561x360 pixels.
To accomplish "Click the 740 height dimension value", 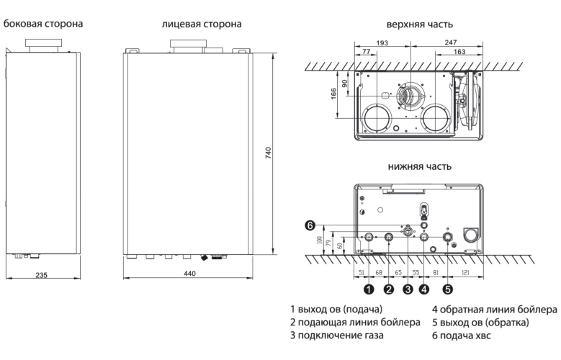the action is coord(269,153).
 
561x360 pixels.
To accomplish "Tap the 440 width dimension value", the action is coord(189,274).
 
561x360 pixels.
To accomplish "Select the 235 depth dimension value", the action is coord(42,275).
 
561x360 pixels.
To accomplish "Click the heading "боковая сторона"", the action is coord(43,24).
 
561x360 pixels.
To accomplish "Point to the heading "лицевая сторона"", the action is coord(202,24).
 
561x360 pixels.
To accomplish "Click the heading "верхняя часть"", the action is coord(420,24).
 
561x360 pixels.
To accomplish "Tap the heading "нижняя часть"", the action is coord(420,166).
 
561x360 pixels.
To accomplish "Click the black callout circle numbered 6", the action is coord(310,225).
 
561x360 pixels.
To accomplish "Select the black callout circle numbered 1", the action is coord(369,289).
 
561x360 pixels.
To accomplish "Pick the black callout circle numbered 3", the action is coord(408,289).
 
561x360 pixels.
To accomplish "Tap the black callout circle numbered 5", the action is coord(448,289).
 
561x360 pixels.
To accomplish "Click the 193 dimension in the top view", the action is coord(382,43).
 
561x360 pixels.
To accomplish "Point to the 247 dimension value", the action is coord(451,42).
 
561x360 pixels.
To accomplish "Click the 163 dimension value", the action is coord(459,52).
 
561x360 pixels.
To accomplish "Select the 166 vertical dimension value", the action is coord(333,94).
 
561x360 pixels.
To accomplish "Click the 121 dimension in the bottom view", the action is coord(465,273).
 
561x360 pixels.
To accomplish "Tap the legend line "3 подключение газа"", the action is coord(336,336).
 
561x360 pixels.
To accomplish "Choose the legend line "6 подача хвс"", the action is coord(461,336).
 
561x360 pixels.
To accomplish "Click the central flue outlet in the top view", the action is coord(411,96).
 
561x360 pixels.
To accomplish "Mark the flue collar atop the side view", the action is coord(43,45).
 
